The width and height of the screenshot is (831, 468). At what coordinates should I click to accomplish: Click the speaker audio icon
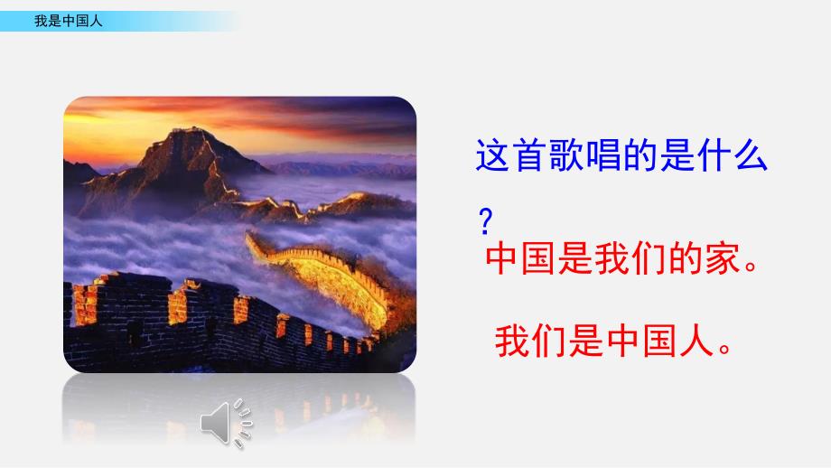[227, 423]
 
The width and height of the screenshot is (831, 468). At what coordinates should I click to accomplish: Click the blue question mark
[485, 221]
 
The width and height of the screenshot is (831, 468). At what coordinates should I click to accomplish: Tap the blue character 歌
[566, 155]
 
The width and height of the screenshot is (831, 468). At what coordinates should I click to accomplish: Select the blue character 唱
[603, 155]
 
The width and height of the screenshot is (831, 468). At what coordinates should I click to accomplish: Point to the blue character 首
[529, 155]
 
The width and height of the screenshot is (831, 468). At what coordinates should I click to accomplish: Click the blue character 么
[751, 155]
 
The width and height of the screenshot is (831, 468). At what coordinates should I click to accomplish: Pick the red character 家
[723, 258]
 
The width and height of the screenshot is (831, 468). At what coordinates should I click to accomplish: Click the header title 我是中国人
[69, 21]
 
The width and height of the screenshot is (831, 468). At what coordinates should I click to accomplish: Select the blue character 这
[493, 155]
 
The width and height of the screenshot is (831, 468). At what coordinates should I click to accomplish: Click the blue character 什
[714, 155]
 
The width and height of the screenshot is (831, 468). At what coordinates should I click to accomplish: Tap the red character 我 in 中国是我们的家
[612, 258]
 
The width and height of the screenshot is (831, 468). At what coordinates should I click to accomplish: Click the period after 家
[751, 267]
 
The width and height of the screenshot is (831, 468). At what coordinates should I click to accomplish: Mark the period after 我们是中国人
[724, 349]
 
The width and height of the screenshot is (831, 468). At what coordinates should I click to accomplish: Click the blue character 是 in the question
[677, 155]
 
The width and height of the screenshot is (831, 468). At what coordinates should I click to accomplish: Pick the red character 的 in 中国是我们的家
[686, 258]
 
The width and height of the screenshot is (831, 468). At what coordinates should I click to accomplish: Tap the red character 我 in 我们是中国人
[512, 341]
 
